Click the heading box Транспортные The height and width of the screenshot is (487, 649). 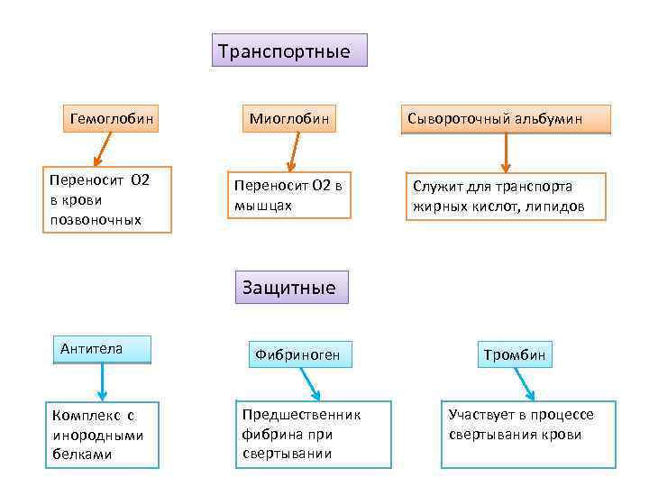(x=289, y=51)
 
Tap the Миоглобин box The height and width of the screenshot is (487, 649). (x=289, y=118)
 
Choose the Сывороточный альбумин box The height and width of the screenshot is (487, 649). (x=507, y=119)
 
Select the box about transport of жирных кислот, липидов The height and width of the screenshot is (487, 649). (x=505, y=196)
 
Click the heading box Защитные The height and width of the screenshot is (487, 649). (x=289, y=287)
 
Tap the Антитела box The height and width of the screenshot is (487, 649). (x=101, y=349)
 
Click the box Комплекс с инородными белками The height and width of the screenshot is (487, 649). (x=102, y=435)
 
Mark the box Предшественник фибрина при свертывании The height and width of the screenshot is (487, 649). (x=313, y=434)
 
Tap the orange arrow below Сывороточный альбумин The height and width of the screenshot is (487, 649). (x=506, y=152)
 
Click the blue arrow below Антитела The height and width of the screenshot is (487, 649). (x=102, y=382)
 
